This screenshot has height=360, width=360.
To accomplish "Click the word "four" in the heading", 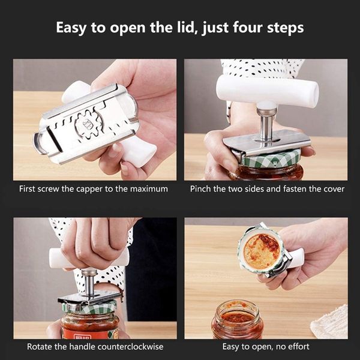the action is point(248,28).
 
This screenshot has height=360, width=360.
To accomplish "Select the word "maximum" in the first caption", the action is point(149,189).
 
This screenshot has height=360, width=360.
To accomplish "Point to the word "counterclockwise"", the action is point(130,347).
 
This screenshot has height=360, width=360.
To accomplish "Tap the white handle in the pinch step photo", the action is point(268,90).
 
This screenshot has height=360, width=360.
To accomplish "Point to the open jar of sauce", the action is point(236,319).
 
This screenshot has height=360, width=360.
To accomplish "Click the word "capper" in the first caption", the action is point(89,190).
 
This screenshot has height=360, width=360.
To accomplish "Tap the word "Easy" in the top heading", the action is point(71,28).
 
